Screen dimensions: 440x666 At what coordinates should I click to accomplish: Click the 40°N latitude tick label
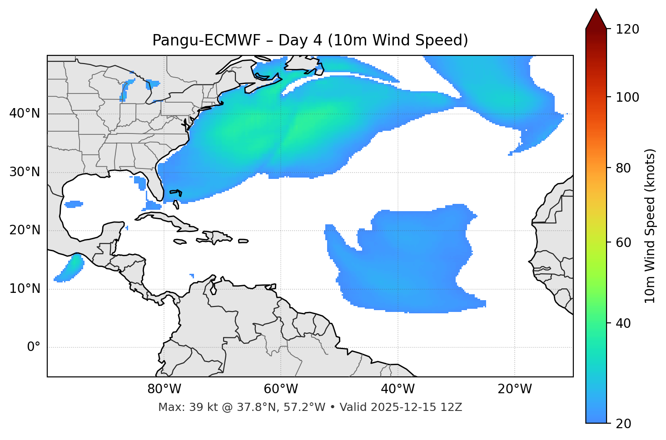pyautogui.click(x=25, y=114)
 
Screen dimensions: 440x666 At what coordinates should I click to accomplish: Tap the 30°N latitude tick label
pyautogui.click(x=25, y=172)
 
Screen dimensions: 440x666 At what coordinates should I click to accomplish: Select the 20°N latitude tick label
pyautogui.click(x=25, y=231)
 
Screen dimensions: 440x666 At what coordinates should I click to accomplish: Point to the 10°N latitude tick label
pyautogui.click(x=25, y=289)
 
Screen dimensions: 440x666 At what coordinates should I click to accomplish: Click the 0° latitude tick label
pyautogui.click(x=34, y=347)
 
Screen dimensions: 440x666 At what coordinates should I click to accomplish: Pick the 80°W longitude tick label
pyautogui.click(x=164, y=389)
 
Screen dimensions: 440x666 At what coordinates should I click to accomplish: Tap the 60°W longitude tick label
pyautogui.click(x=281, y=389)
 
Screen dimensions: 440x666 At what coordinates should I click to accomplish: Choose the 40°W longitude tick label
pyautogui.click(x=398, y=389)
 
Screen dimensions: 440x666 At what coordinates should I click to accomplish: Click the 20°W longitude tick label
pyautogui.click(x=514, y=389)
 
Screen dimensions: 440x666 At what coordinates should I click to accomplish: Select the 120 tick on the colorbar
pyautogui.click(x=628, y=30)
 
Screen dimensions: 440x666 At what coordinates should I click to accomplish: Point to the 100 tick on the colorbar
pyautogui.click(x=628, y=97)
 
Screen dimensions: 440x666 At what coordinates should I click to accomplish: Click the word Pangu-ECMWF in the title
pyautogui.click(x=206, y=41)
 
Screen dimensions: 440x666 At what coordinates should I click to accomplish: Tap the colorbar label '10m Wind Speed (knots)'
pyautogui.click(x=650, y=226)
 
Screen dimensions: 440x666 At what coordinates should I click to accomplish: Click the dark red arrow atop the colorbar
pyautogui.click(x=596, y=19)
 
